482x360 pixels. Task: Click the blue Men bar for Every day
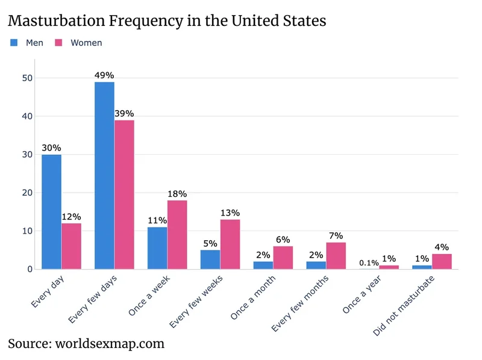click(x=51, y=212)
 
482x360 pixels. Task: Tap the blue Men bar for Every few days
click(x=104, y=175)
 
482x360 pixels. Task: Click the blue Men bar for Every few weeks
click(x=210, y=259)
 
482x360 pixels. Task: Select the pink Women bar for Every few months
click(x=336, y=256)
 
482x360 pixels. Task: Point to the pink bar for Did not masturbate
click(x=442, y=261)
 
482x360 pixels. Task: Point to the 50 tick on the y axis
click(x=27, y=78)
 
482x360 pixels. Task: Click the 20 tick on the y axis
click(x=27, y=193)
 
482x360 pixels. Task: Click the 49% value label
click(x=104, y=75)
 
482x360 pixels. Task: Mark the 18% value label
click(x=177, y=194)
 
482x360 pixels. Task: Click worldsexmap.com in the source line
click(x=110, y=344)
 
